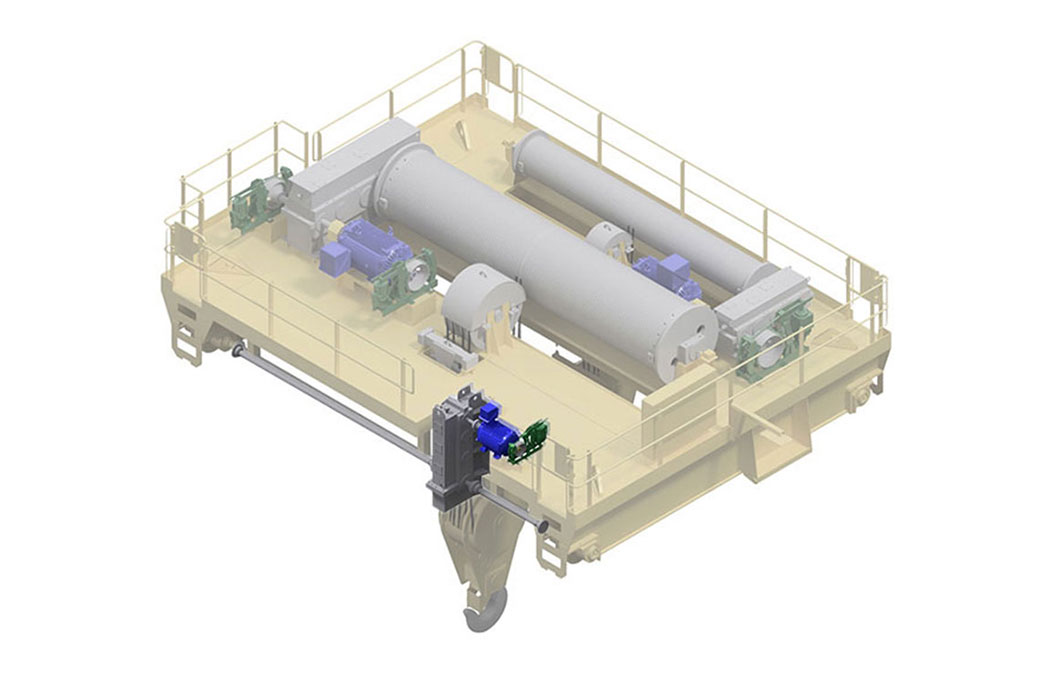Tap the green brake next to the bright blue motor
click(x=528, y=441)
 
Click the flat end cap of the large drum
click(x=686, y=336)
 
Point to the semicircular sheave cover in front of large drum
click(x=484, y=300)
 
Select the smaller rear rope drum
click(x=640, y=205)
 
